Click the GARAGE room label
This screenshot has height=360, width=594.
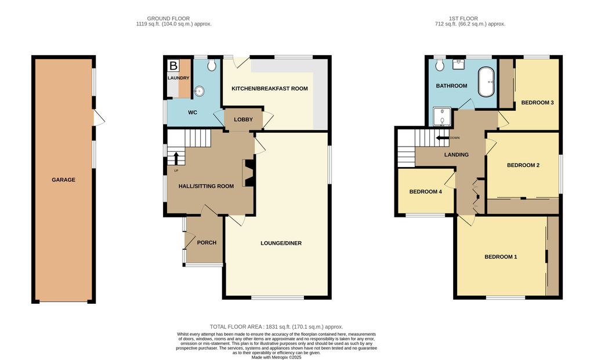coord(64,180)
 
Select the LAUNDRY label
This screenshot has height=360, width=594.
coord(179,78)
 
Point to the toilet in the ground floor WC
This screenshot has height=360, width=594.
coord(211,64)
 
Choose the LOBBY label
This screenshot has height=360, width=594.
coord(243,119)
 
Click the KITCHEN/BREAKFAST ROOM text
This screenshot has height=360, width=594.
coord(269,89)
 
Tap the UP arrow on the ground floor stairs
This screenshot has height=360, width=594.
coord(175,158)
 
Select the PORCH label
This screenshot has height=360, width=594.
coord(207,242)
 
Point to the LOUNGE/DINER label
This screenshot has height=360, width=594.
coord(281,243)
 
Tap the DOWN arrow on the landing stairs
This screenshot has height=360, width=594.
coord(442,138)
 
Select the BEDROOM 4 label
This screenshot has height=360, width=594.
coord(430,192)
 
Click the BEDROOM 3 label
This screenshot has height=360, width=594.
coord(537,103)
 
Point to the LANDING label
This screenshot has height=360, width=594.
coord(456,155)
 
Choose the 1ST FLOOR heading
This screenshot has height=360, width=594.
coord(470,19)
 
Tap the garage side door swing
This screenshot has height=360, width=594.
coord(100,119)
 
